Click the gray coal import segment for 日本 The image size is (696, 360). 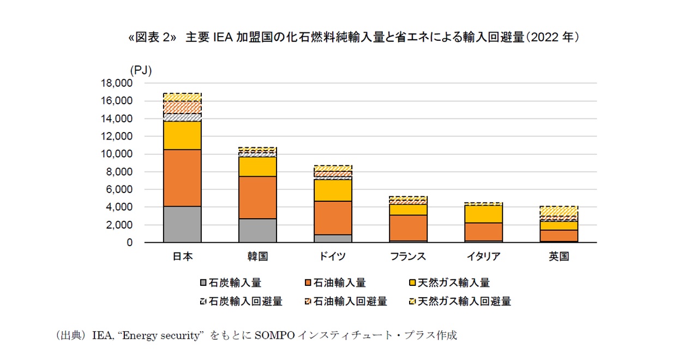(x=182, y=224)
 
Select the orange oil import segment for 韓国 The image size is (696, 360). (x=257, y=197)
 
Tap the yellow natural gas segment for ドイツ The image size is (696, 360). (x=333, y=190)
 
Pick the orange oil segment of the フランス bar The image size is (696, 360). (x=409, y=227)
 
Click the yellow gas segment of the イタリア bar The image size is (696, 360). (x=483, y=214)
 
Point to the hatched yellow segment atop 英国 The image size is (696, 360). (x=559, y=211)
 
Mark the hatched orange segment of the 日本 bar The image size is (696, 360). (x=182, y=107)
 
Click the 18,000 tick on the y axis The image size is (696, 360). (x=117, y=83)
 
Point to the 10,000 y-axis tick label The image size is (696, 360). (x=117, y=154)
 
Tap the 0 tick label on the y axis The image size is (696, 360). (x=130, y=243)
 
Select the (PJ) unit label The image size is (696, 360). (x=141, y=70)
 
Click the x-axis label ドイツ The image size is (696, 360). (x=333, y=256)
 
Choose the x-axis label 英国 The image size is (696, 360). (x=559, y=256)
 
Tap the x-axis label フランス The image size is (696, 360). (x=408, y=256)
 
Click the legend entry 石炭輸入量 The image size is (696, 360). (x=231, y=283)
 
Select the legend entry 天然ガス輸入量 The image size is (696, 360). (x=449, y=283)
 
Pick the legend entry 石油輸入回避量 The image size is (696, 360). (x=346, y=301)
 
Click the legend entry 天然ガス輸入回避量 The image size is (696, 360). (x=460, y=301)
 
